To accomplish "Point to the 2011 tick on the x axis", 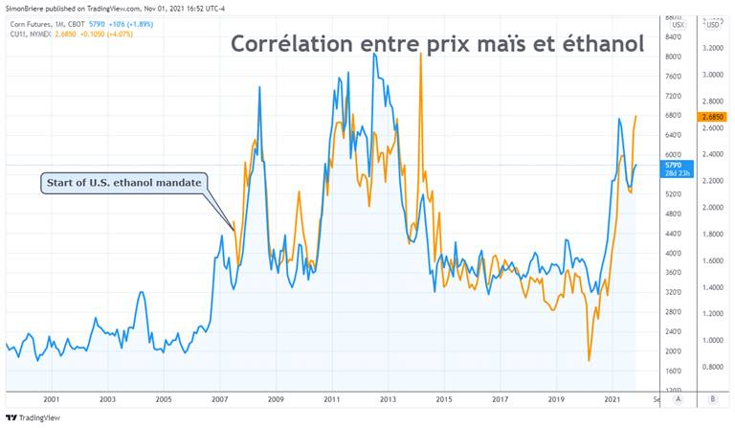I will pos(331,398).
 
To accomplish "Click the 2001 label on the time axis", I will pos(52,398).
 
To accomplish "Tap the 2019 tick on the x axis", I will pos(556,398).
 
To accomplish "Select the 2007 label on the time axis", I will pos(219,398).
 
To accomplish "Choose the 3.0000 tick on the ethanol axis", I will pos(711,74).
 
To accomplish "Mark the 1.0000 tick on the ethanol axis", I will pos(711,340).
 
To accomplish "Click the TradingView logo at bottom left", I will pos(28,417).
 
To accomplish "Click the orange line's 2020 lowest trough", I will pos(589,360).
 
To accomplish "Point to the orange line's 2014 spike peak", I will pos(421,55).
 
